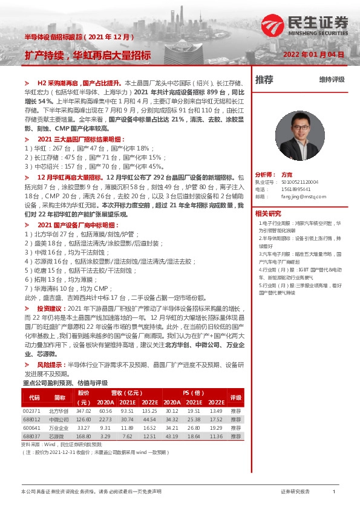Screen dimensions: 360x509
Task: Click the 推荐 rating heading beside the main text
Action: click(x=264, y=79)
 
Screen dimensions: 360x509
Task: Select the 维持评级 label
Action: click(x=332, y=79)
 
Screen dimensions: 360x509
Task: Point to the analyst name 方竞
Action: click(x=287, y=173)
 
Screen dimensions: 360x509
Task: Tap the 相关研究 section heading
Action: click(x=268, y=213)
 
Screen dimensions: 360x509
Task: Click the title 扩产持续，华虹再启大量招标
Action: click(x=88, y=54)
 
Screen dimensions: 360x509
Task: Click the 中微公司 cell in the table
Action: click(x=59, y=419)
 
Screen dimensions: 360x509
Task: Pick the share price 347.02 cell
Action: click(x=84, y=410)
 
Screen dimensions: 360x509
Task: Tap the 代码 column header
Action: click(x=34, y=397)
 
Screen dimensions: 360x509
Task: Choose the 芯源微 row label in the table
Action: click(x=59, y=435)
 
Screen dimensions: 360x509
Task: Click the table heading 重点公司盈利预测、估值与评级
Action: click(x=65, y=383)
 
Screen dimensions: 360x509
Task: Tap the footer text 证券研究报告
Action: click(x=295, y=492)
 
